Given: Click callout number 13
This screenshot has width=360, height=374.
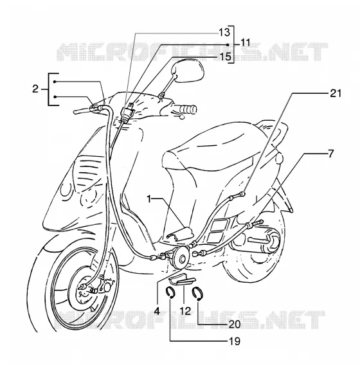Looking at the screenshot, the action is (224, 32).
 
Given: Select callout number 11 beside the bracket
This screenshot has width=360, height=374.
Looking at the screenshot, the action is (245, 43).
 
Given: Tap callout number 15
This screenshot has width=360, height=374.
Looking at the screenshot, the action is (225, 57).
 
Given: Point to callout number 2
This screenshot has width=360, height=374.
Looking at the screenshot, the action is (35, 89).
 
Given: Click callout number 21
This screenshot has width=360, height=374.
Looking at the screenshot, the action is (336, 93).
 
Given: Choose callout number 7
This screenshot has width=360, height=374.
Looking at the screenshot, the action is (330, 154).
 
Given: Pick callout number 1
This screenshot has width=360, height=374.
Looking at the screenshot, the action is (149, 199).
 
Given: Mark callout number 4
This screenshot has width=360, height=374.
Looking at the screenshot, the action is (157, 311).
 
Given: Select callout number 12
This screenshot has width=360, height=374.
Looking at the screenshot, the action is (185, 311).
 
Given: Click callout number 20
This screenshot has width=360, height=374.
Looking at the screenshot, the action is (235, 324).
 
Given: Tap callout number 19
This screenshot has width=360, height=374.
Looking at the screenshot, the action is (234, 341).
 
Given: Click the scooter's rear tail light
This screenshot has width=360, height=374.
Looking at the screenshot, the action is (279, 158).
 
